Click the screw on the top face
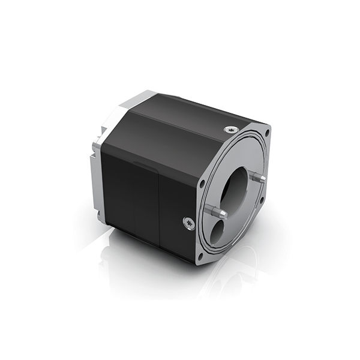click(x=232, y=129)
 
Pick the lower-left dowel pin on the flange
click(x=215, y=210)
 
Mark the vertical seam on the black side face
click(x=157, y=204)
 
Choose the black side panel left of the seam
click(x=132, y=192)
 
